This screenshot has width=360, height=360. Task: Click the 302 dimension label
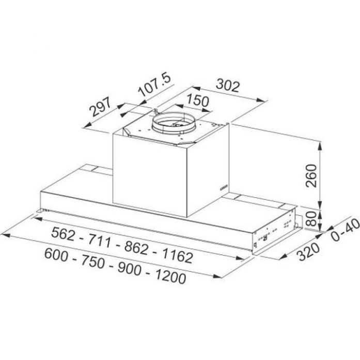228,85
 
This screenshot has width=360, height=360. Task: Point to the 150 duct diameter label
198,100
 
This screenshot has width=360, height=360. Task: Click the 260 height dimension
311,176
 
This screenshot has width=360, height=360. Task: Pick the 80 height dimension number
311,218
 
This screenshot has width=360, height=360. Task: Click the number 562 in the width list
63,234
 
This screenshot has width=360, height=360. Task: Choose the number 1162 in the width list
178,256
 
